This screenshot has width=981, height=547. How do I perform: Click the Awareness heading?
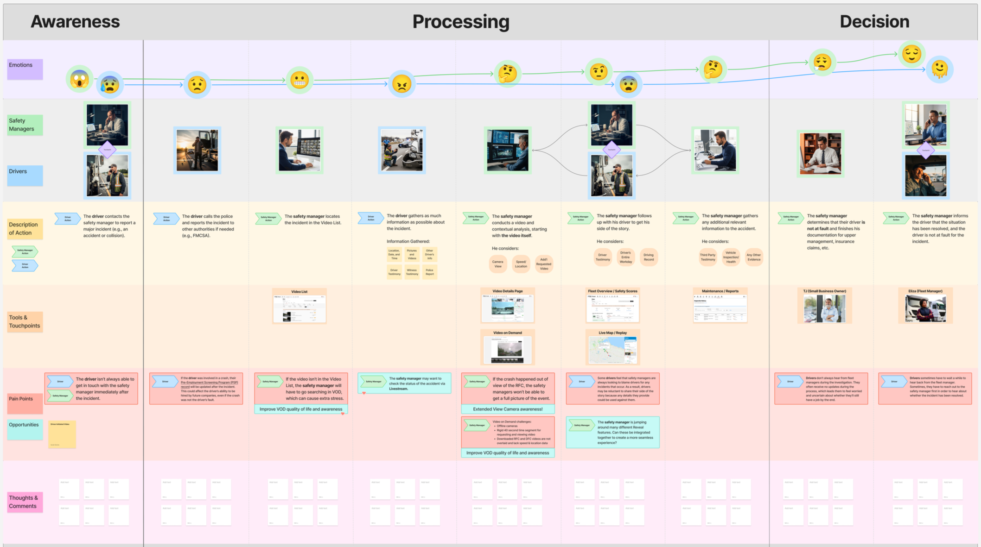(x=75, y=21)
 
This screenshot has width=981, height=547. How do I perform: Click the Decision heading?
(x=874, y=21)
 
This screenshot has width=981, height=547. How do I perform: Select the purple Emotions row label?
(x=25, y=69)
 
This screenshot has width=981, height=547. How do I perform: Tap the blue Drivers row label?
(x=25, y=175)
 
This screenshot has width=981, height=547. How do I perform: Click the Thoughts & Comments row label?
(x=25, y=502)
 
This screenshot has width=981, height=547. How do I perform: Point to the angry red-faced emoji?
(x=401, y=84)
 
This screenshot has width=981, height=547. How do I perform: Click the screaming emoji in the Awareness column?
(x=80, y=79)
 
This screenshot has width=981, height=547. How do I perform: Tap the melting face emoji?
(x=939, y=69)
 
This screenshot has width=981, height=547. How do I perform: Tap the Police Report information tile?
(x=430, y=272)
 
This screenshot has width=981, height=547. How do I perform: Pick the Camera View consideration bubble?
(x=497, y=264)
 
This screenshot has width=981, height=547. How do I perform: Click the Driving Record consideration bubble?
(x=649, y=257)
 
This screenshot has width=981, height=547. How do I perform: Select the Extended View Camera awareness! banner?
(x=508, y=409)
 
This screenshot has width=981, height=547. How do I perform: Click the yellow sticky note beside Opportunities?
(x=62, y=434)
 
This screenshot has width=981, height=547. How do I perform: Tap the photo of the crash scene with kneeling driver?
(x=401, y=150)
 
